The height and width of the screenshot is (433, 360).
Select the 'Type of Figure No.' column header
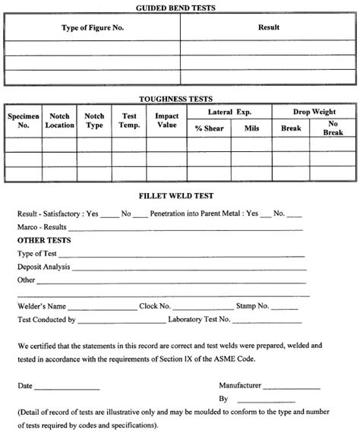(93, 28)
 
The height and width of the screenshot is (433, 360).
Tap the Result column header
(268, 28)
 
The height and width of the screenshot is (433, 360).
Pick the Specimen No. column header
(23, 121)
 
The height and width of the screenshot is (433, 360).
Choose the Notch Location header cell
(59, 121)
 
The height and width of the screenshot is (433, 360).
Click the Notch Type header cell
(95, 121)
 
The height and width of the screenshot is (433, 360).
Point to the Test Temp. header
(129, 121)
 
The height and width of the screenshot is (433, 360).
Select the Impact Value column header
(166, 121)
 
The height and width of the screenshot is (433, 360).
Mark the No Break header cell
(333, 128)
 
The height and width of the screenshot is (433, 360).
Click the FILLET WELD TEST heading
(180, 194)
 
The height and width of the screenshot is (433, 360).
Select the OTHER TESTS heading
(45, 240)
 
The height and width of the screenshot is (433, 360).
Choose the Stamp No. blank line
(285, 308)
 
